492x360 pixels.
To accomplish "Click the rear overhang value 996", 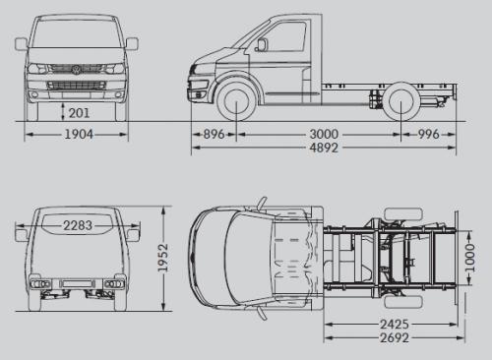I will tap(428, 135).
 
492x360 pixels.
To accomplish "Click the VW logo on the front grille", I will tap(76, 69).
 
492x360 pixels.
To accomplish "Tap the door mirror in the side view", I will tap(262, 44).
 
